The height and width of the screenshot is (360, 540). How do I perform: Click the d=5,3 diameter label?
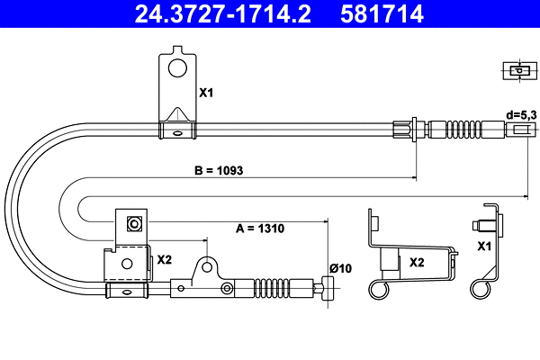click(x=522, y=114)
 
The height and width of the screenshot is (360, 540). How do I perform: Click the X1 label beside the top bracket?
click(x=206, y=93)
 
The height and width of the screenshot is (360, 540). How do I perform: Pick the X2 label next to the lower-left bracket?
click(x=165, y=259)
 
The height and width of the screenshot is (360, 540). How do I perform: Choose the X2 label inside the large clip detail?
click(x=417, y=263)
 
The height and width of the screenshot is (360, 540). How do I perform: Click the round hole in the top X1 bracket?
click(x=178, y=67)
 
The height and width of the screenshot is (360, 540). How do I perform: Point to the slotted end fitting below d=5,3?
click(x=520, y=129)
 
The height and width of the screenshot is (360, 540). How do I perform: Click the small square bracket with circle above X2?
click(x=134, y=222)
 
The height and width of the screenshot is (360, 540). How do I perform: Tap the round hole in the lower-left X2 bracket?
click(x=129, y=264)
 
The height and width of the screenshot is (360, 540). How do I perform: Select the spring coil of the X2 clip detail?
click(x=378, y=289)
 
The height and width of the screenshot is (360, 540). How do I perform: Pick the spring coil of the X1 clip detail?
click(x=481, y=288)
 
